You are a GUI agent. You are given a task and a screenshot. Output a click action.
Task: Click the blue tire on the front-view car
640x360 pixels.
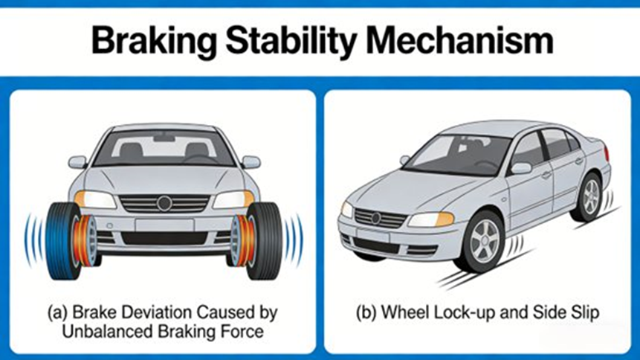63,240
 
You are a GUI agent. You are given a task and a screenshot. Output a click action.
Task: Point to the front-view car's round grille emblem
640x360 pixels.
164,203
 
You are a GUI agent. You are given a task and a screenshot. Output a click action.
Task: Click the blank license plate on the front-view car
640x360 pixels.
164,225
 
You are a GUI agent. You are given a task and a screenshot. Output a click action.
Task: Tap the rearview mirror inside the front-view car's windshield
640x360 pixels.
164,138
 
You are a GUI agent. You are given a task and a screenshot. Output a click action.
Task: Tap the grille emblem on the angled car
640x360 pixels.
375,218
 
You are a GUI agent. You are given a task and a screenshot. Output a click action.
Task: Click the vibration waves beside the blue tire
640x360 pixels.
31,240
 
